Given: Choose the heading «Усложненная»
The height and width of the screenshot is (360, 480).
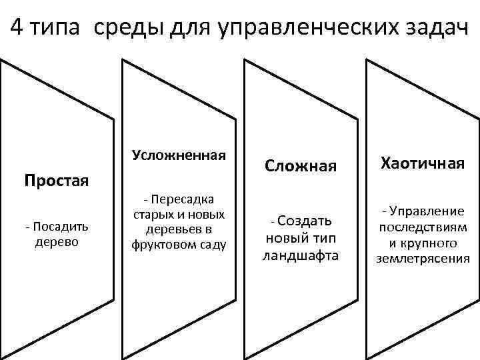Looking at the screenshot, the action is (x=179, y=155).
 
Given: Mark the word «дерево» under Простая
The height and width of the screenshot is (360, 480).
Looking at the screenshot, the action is (x=56, y=241).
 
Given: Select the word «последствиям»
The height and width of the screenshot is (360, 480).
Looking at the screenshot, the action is (x=422, y=227).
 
